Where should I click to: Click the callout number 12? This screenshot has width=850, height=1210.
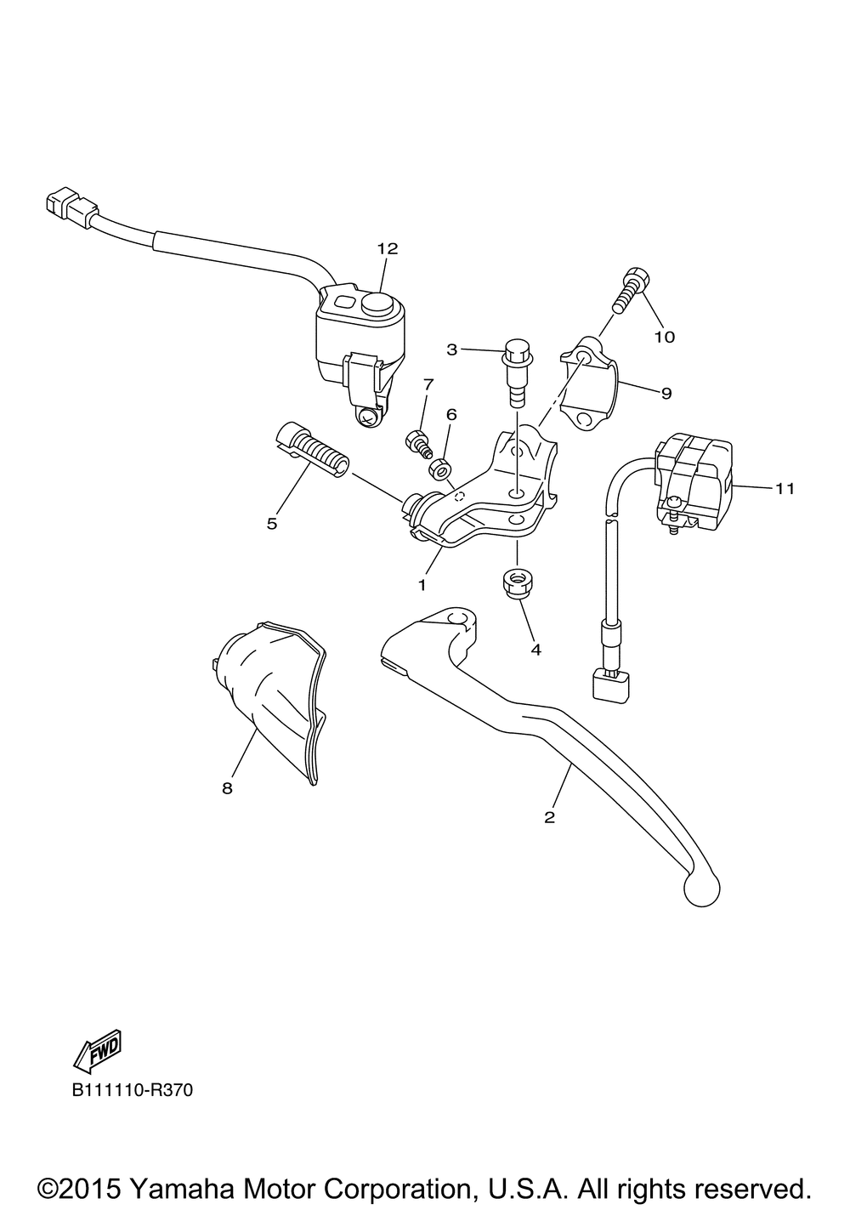click(x=387, y=249)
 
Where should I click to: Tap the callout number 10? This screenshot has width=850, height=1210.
click(x=664, y=337)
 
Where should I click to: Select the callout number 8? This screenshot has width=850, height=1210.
click(x=227, y=788)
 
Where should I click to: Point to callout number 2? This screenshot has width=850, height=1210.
click(x=549, y=817)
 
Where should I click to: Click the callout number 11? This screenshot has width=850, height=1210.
click(x=784, y=488)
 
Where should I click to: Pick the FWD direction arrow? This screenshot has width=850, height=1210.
click(x=99, y=1051)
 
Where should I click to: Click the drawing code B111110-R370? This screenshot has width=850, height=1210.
click(x=133, y=1089)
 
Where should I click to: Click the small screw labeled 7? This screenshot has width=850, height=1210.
click(x=417, y=442)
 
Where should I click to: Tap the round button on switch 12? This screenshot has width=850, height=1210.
click(x=375, y=303)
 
